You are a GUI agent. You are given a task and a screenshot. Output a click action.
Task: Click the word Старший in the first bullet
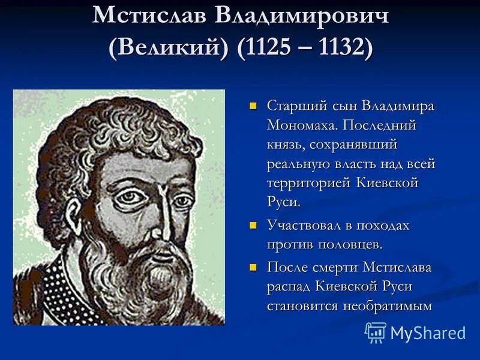(x=295, y=106)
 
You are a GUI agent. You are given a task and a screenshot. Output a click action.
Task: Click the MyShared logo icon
(x=376, y=332)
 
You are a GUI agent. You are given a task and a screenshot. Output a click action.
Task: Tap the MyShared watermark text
(x=428, y=333)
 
